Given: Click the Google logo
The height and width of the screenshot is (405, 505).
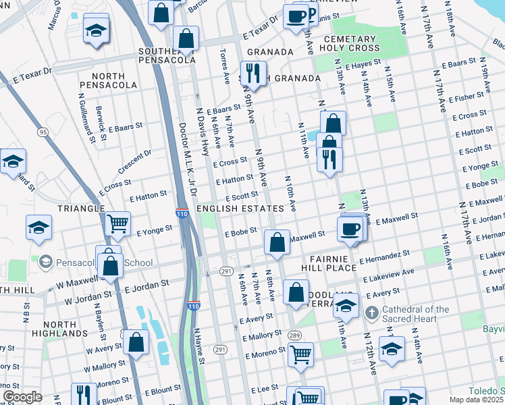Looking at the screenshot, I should (x=22, y=397).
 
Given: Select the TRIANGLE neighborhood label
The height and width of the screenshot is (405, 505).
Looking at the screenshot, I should (x=81, y=209).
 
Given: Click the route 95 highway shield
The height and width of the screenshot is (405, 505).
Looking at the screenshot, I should (x=43, y=131).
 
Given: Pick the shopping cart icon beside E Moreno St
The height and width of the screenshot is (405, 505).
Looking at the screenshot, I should (x=300, y=352).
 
